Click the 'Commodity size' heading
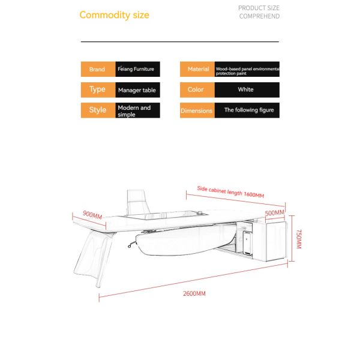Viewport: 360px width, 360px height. pos(115,15)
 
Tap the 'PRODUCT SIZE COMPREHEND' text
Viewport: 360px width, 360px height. pos(259,12)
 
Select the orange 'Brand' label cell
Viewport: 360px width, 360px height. pos(98,69)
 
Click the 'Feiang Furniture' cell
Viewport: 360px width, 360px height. pos(138,69)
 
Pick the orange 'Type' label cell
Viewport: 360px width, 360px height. pos(98,90)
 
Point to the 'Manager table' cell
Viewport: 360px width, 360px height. pos(138,90)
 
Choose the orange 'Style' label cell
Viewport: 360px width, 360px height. pos(98,110)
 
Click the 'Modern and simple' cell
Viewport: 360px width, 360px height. pos(138,110)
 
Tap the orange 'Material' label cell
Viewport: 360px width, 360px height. pos(197,69)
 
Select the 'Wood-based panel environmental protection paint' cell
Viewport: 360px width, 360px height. pos(247,69)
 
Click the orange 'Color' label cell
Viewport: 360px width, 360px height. pos(197,90)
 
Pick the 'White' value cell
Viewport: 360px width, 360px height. pos(247,90)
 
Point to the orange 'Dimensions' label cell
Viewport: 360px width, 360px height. pos(197,110)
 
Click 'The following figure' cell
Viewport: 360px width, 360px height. pos(247,110)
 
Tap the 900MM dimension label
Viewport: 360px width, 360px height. pos(92,215)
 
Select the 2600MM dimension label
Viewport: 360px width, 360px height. pos(194,293)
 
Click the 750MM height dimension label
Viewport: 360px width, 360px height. pos(299,239)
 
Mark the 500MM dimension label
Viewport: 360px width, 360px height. pos(275,213)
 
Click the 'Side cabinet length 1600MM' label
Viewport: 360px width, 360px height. pos(230,192)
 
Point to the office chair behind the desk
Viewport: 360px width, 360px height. pos(137,203)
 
